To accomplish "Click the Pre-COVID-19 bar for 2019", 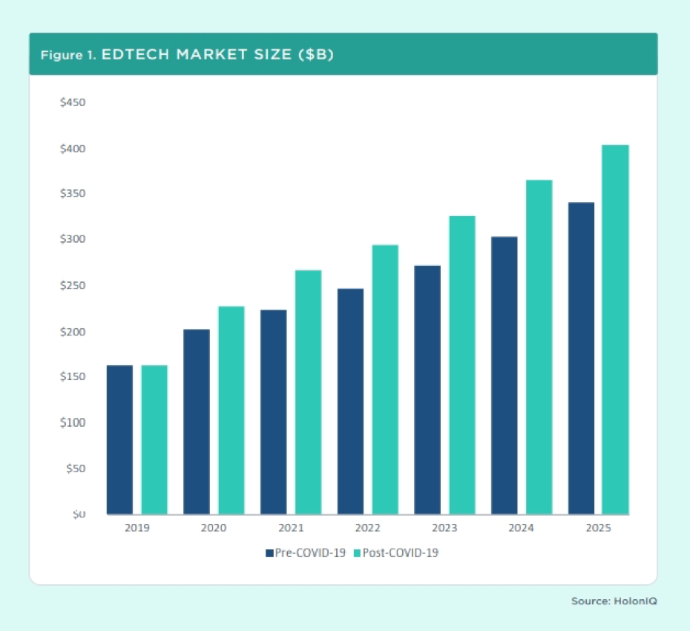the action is pyautogui.click(x=119, y=439).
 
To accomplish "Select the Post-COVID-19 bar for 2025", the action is pyautogui.click(x=616, y=330).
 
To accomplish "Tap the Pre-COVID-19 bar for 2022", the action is pyautogui.click(x=350, y=401).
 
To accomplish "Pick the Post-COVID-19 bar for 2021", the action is pyautogui.click(x=308, y=392).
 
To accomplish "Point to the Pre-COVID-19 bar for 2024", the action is pyautogui.click(x=505, y=375).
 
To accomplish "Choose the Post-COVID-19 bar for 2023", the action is pyautogui.click(x=462, y=365).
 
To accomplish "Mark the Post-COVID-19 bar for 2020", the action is pyautogui.click(x=231, y=410).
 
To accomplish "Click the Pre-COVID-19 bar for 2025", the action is pyautogui.click(x=582, y=358).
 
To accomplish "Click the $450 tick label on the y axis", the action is pyautogui.click(x=73, y=102).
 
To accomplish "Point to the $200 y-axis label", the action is pyautogui.click(x=73, y=332).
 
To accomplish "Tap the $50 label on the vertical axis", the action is pyautogui.click(x=76, y=468).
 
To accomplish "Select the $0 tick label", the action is pyautogui.click(x=79, y=514).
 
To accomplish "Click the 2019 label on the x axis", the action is pyautogui.click(x=137, y=528).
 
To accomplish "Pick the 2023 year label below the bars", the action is pyautogui.click(x=444, y=528).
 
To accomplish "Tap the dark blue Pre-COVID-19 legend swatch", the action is pyautogui.click(x=270, y=553).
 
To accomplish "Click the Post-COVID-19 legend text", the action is pyautogui.click(x=401, y=553).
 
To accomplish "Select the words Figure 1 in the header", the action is pyautogui.click(x=68, y=55).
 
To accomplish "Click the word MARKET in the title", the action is pyautogui.click(x=211, y=55).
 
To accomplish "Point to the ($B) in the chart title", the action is pyautogui.click(x=316, y=55).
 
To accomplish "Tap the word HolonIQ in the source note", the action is pyautogui.click(x=635, y=601).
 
